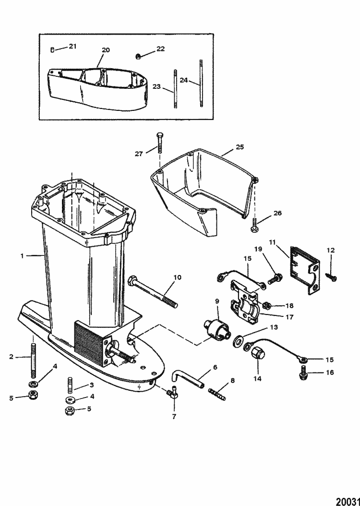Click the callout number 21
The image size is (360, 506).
click(x=72, y=46)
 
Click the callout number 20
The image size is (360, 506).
click(x=106, y=50)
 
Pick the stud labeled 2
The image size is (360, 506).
click(x=34, y=357)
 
